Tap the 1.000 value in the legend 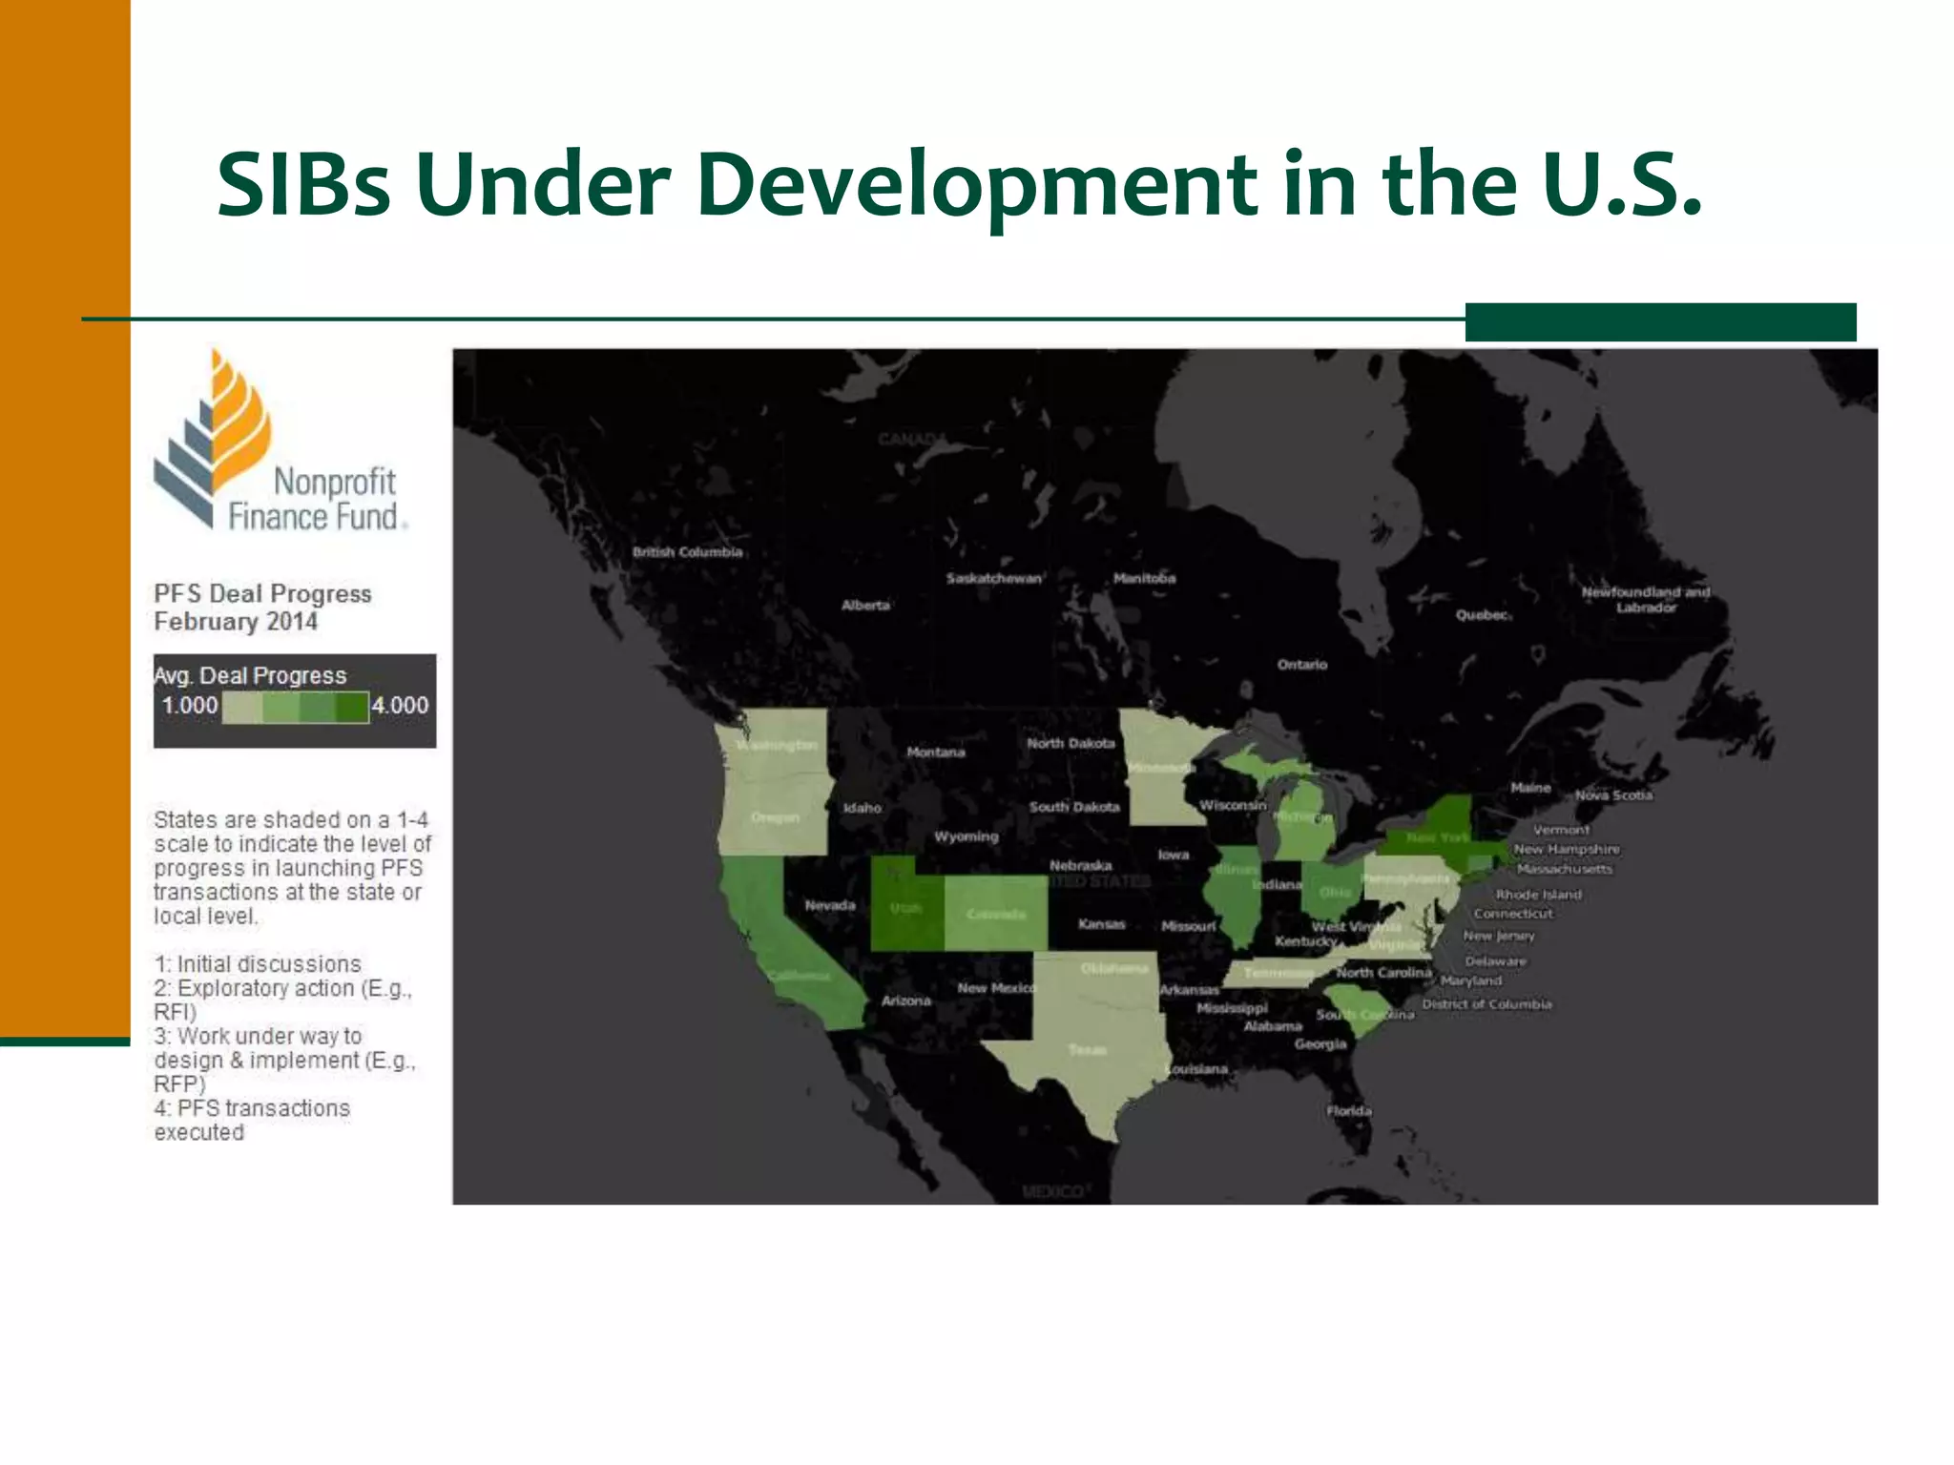click(x=189, y=706)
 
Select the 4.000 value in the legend click(x=400, y=706)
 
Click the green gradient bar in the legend click(x=295, y=708)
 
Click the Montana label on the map click(x=935, y=753)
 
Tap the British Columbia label click(x=687, y=552)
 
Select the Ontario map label click(x=1301, y=665)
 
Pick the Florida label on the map click(x=1348, y=1111)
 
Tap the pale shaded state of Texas click(x=1088, y=1049)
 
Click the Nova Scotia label click(x=1613, y=795)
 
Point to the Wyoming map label click(x=966, y=836)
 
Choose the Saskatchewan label click(x=993, y=578)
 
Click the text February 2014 click(x=236, y=622)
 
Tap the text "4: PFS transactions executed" click(x=251, y=1120)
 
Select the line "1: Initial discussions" click(x=258, y=964)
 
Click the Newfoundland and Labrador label click(x=1645, y=599)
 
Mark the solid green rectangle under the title click(x=1660, y=321)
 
